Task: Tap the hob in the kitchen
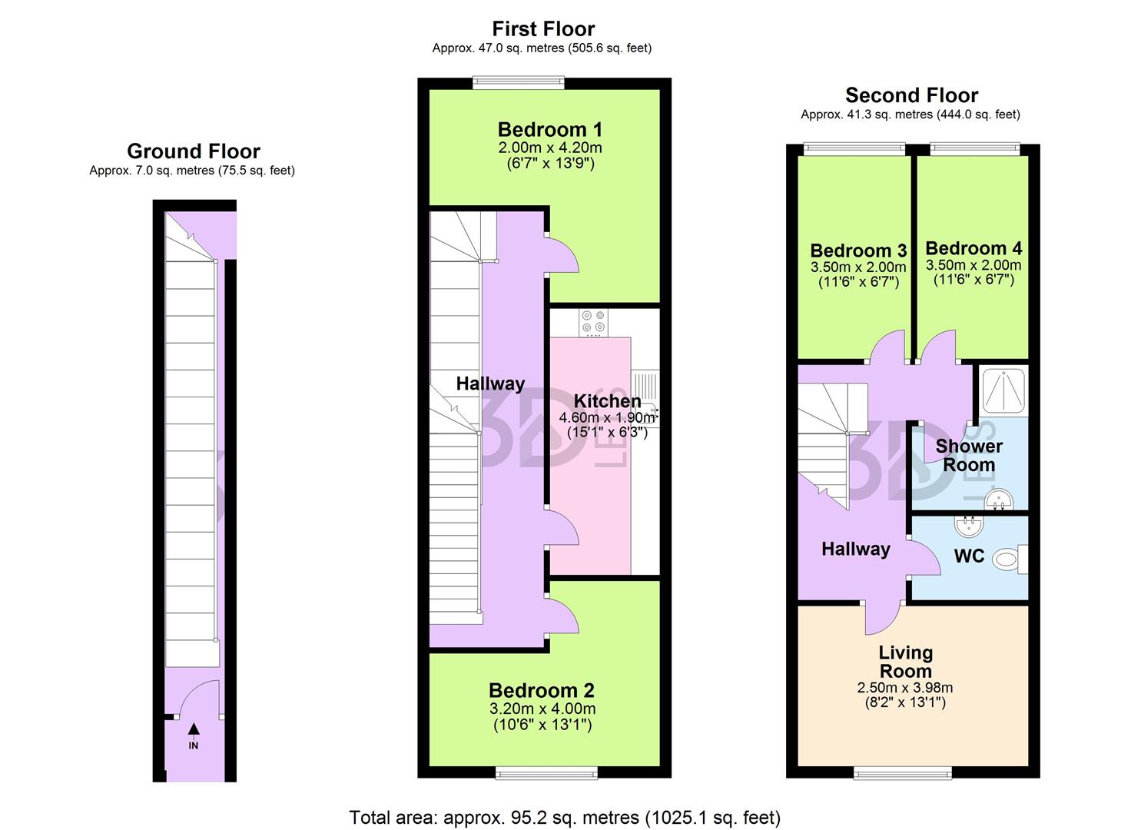[593, 323]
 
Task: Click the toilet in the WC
[1008, 559]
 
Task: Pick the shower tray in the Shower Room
[1003, 391]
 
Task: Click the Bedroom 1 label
[549, 129]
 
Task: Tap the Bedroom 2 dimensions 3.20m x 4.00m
[543, 709]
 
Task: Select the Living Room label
[906, 661]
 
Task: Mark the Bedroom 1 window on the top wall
[519, 81]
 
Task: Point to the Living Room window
[904, 772]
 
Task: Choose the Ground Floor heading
[194, 151]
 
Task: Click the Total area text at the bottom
[565, 817]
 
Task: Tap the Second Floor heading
[911, 95]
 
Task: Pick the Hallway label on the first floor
[490, 383]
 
